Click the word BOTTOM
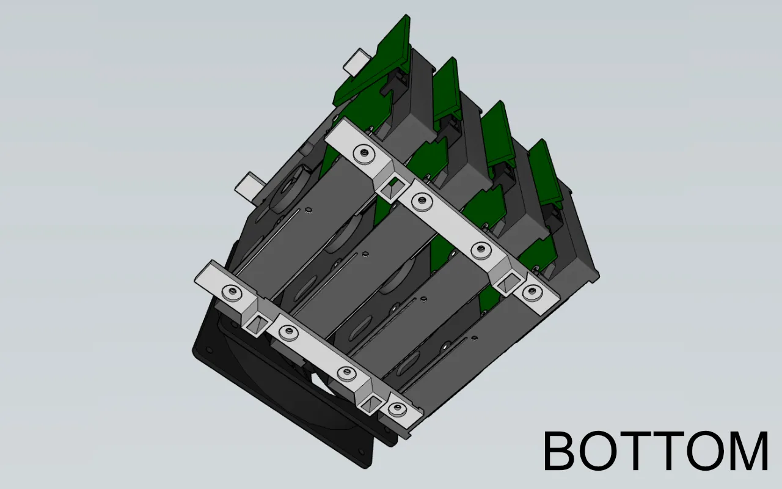pos(655,451)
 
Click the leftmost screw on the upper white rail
pos(364,155)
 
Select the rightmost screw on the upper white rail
pos(532,292)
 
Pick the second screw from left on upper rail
pos(420,199)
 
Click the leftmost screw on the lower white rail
pos(231,292)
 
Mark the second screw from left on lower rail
pos(285,333)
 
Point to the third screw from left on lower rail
pos(346,373)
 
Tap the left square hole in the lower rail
pos(255,322)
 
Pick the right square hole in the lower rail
pos(371,401)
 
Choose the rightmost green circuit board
pos(546,174)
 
